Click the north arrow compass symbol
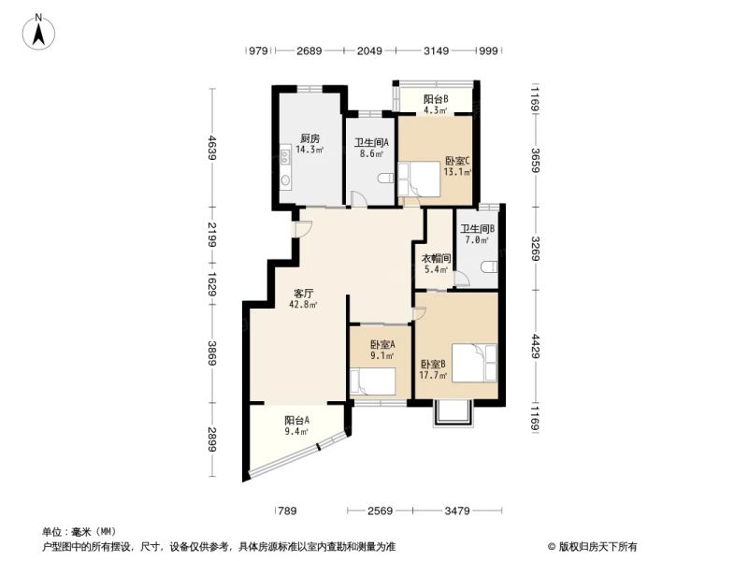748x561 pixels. (38, 32)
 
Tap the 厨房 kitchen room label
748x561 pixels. (309, 138)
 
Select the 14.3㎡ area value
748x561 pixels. (309, 150)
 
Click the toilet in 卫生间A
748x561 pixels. (385, 180)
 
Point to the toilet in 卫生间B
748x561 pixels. (489, 266)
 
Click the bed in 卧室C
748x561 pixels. (419, 179)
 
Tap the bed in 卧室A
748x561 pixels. (372, 381)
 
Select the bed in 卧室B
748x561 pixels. (475, 363)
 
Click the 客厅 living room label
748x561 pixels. (303, 294)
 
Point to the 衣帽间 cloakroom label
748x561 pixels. (436, 259)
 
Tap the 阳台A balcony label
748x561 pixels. (296, 421)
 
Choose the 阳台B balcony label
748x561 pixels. (436, 99)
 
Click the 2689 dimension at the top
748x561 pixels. (309, 50)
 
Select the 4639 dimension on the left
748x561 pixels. (212, 147)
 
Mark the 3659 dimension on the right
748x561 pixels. (535, 160)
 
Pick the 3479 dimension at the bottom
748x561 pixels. (457, 511)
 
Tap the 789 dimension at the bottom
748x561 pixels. (287, 511)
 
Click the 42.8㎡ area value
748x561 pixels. (303, 305)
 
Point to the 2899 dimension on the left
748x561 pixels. (212, 439)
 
